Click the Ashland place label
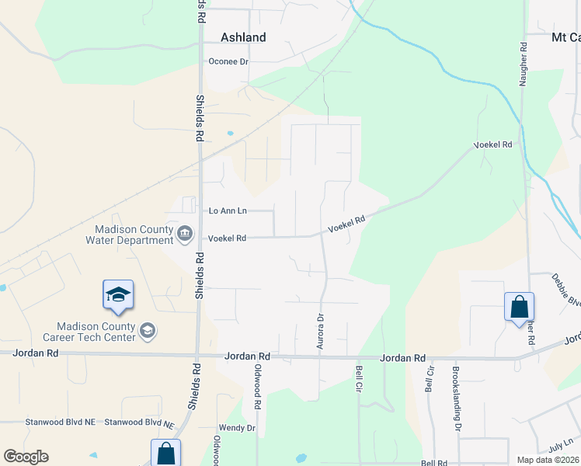pos(243,37)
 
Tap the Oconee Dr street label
pos(228,61)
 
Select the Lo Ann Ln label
pos(228,210)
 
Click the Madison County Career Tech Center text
pos(95,332)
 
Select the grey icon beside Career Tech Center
pos(147,332)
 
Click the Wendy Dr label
pos(237,428)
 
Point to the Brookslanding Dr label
pos(456,398)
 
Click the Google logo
pos(26,457)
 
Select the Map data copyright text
pos(548,460)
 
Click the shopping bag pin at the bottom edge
pos(165,453)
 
